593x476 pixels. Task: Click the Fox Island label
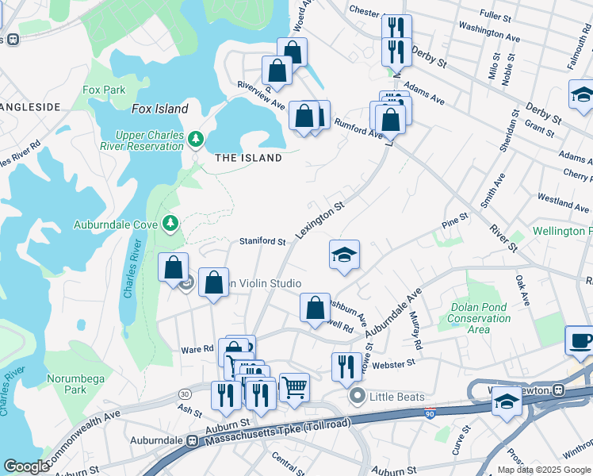[160, 109]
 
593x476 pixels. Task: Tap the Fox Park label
[104, 90]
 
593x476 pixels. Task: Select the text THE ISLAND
[248, 158]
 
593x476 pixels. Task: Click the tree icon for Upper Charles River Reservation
[196, 140]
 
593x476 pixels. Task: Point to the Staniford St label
[263, 241]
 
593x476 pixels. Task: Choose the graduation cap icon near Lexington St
[344, 255]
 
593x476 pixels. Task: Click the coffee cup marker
[580, 340]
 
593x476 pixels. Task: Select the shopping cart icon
[294, 387]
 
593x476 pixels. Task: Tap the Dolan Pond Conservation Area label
[480, 318]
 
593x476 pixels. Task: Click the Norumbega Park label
[75, 384]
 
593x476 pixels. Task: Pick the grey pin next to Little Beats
[358, 396]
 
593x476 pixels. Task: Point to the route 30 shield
[185, 394]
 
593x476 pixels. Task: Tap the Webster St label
[394, 363]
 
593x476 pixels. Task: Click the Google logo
[26, 466]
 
